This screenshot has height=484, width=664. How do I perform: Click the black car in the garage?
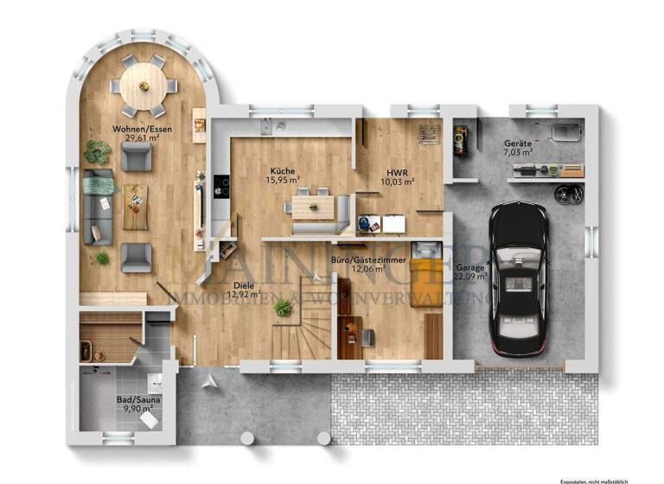click(x=518, y=277)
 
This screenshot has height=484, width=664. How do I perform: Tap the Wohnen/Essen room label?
click(x=136, y=129)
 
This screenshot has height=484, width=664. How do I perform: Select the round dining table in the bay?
click(x=144, y=85)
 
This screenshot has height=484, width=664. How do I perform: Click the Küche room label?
click(x=283, y=170)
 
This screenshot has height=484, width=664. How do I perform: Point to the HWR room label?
click(x=398, y=170)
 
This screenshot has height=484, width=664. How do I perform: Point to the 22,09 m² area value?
click(x=471, y=277)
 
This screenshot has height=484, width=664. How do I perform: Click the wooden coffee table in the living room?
click(x=135, y=207)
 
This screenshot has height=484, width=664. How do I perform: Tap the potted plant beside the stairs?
click(x=282, y=307)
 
